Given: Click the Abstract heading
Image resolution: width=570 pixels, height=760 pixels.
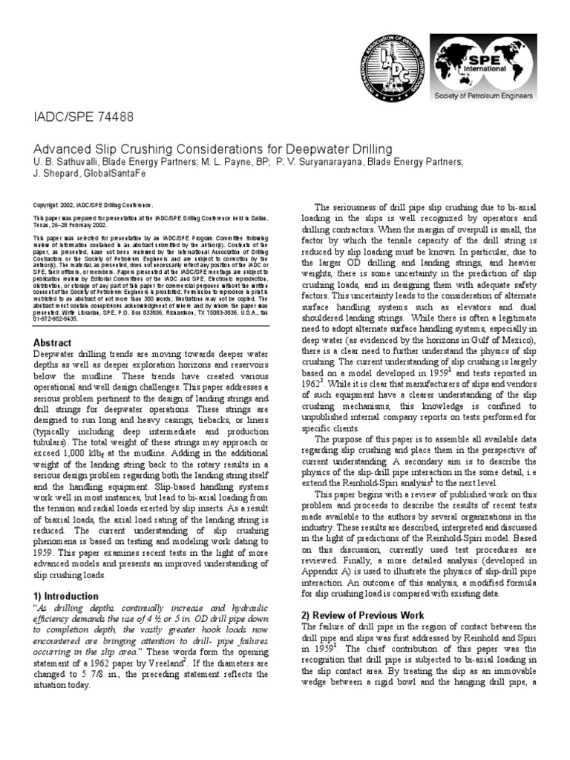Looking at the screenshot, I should point(53,343).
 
